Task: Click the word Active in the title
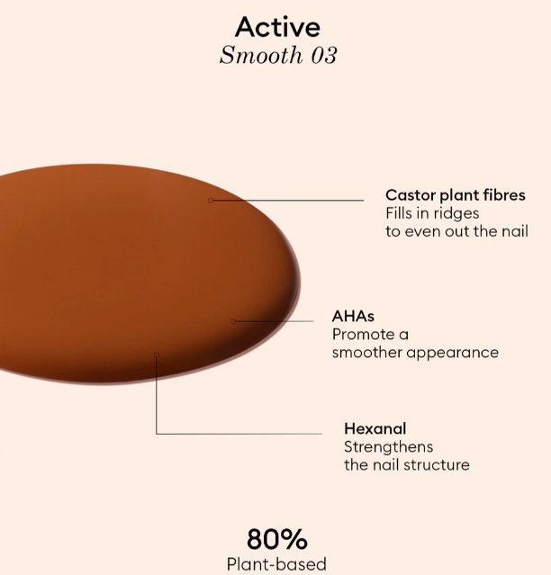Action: pos(277,27)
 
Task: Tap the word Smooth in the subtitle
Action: pos(261,55)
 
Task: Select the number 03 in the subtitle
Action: pos(324,56)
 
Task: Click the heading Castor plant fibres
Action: pos(456,195)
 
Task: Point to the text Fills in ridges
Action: pos(432,213)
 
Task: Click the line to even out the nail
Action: pos(456,231)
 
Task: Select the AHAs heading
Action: pos(353,316)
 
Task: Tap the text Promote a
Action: pos(370,335)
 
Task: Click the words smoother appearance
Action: pos(415,353)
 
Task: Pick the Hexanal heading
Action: pos(375,428)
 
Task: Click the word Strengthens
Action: pos(388,447)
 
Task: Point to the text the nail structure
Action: pos(407,465)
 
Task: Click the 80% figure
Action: pos(277,539)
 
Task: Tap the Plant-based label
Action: pos(276,564)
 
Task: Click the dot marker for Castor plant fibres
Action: pos(211,201)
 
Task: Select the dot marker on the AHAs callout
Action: pos(233,321)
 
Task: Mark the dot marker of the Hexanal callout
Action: pos(157,355)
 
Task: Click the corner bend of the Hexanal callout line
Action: pos(157,434)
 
